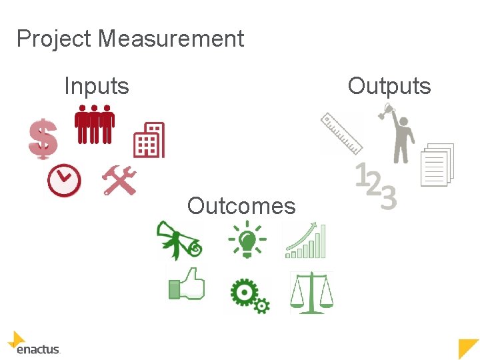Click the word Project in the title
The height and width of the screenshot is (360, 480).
click(x=54, y=39)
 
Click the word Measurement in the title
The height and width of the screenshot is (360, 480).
click(x=171, y=39)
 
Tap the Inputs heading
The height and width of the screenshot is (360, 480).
click(x=96, y=86)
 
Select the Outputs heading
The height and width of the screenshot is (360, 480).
click(x=389, y=86)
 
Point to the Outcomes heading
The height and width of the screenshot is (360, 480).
click(x=241, y=206)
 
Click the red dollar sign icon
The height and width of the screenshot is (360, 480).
click(x=43, y=139)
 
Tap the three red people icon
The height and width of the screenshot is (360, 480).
click(x=94, y=124)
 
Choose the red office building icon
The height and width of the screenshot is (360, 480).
click(x=149, y=140)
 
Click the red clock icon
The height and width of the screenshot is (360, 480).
click(x=64, y=181)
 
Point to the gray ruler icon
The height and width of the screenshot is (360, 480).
click(x=341, y=133)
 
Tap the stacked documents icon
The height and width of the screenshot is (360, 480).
click(x=437, y=165)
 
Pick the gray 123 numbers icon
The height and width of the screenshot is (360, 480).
click(x=376, y=187)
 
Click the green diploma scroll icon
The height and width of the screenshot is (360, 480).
click(x=179, y=241)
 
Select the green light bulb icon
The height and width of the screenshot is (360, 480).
click(x=247, y=239)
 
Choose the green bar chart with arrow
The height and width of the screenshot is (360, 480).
click(x=306, y=241)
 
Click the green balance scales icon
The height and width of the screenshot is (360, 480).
click(x=311, y=292)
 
